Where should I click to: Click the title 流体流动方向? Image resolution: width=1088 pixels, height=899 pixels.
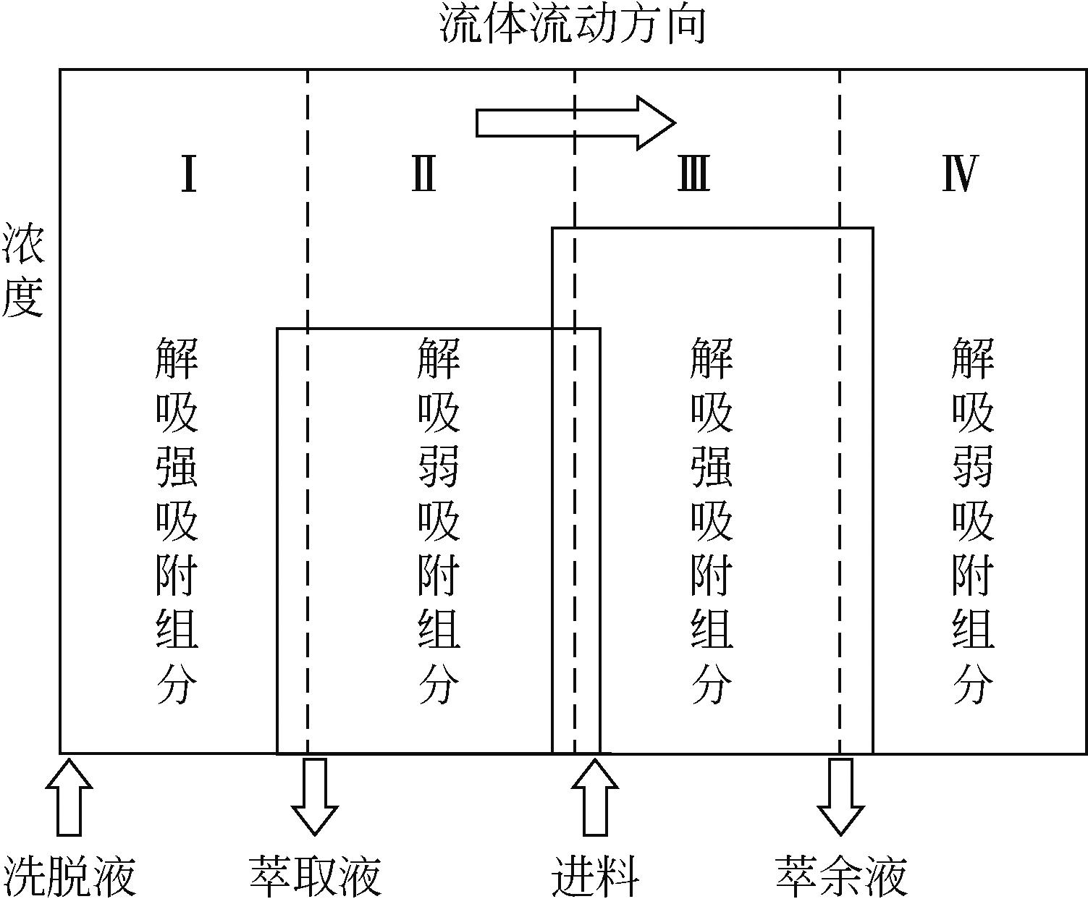[x=573, y=26]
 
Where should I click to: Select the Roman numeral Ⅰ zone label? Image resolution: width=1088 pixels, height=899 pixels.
[x=188, y=174]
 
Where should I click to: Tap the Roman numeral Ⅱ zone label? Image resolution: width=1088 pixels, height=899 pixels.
[x=424, y=174]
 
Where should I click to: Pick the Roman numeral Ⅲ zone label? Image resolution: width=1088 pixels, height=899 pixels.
[x=693, y=174]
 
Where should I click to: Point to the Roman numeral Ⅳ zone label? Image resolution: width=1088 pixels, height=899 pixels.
[x=960, y=174]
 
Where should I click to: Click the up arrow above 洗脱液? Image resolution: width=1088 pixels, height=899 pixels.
[x=69, y=796]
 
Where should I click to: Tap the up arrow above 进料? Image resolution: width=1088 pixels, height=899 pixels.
[x=594, y=796]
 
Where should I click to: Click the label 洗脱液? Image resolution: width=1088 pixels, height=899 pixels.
[x=70, y=875]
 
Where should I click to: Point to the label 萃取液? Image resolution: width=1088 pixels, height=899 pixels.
[x=315, y=875]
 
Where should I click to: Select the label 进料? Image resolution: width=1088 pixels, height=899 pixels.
[x=595, y=875]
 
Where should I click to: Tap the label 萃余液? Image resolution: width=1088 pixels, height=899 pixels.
[x=841, y=875]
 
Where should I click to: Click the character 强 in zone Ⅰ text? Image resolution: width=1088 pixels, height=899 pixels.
[x=177, y=467]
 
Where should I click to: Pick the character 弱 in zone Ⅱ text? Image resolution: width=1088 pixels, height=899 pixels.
[x=439, y=467]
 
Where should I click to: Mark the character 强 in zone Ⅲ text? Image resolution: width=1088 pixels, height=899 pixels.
[x=712, y=467]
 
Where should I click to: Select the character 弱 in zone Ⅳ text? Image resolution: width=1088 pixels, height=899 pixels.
[x=972, y=467]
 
